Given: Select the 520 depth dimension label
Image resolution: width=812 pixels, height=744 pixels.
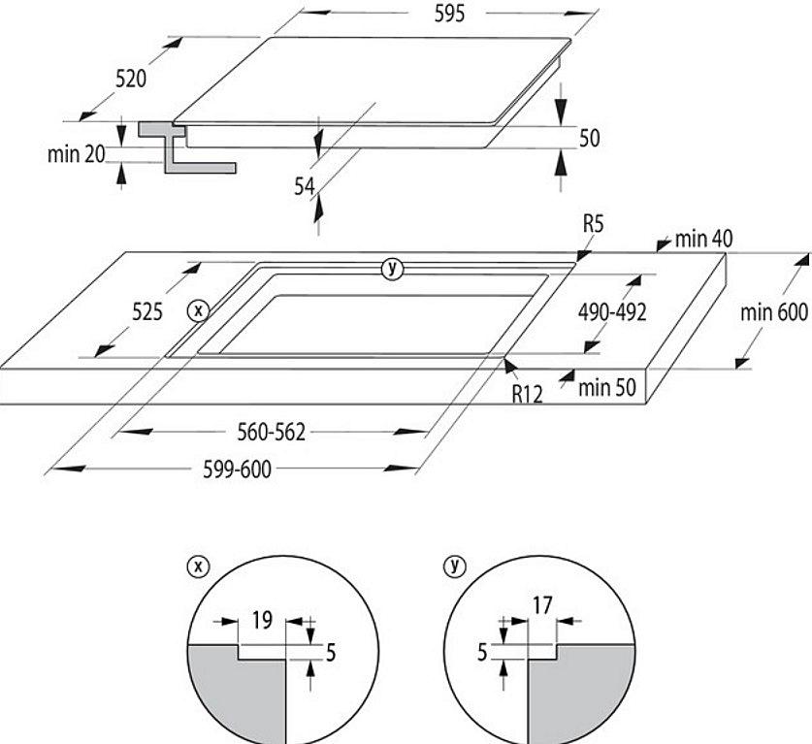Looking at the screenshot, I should point(131,80).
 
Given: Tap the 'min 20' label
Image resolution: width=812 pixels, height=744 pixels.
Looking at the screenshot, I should point(76,154).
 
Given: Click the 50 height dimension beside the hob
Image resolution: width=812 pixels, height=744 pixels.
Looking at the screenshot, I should point(589,139).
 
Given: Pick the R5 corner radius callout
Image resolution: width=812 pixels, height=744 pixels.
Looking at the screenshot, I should point(594,225).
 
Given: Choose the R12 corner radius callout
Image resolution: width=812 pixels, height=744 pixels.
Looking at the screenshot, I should point(527,393).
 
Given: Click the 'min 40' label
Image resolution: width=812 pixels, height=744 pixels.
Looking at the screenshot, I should point(703,239).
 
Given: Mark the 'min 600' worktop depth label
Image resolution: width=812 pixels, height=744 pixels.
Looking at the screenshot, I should point(774,312).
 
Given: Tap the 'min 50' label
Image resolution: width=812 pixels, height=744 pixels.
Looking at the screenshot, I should point(606,388).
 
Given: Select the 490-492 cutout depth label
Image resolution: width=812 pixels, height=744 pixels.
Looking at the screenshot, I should point(612,312).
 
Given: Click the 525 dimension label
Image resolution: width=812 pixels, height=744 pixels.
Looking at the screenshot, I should point(146,312).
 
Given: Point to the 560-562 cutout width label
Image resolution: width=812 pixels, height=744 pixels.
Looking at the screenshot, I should point(272,432).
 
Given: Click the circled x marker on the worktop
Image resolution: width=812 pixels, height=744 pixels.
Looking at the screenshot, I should point(198,310).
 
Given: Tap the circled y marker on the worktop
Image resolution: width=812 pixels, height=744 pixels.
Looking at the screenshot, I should point(391,269).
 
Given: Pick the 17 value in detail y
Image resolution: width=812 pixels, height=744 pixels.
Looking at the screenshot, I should point(542,606).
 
